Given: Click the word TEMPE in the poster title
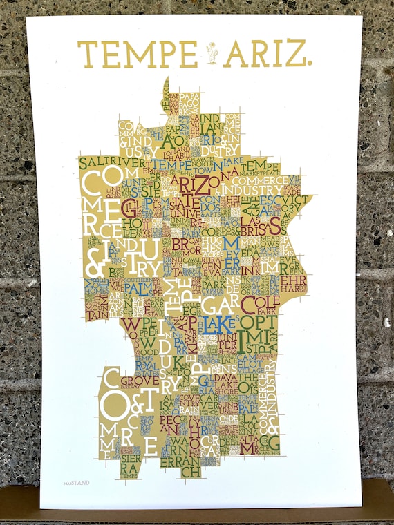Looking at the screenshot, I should [x=137, y=54].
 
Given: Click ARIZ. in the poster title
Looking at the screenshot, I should [x=266, y=54].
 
